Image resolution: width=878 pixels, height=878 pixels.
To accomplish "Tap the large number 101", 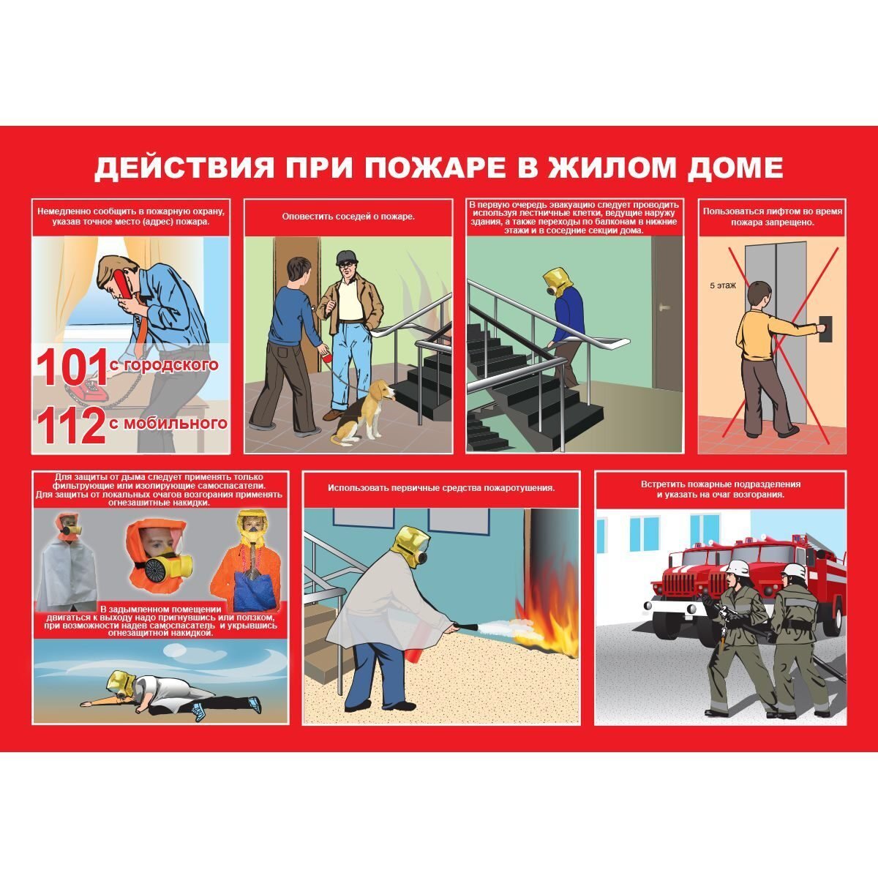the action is (x=72, y=367).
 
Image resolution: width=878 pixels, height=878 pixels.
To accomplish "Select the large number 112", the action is (x=72, y=426).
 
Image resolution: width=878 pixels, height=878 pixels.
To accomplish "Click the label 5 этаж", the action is (x=723, y=286).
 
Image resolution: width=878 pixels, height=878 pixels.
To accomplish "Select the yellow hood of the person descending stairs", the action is (x=556, y=282).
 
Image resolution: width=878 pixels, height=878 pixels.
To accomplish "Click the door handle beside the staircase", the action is (x=667, y=306).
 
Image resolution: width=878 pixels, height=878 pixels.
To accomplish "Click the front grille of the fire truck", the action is (x=679, y=584).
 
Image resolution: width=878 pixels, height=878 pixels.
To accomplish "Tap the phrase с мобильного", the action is (x=168, y=423).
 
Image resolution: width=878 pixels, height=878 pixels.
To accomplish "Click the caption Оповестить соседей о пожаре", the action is (x=348, y=217).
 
